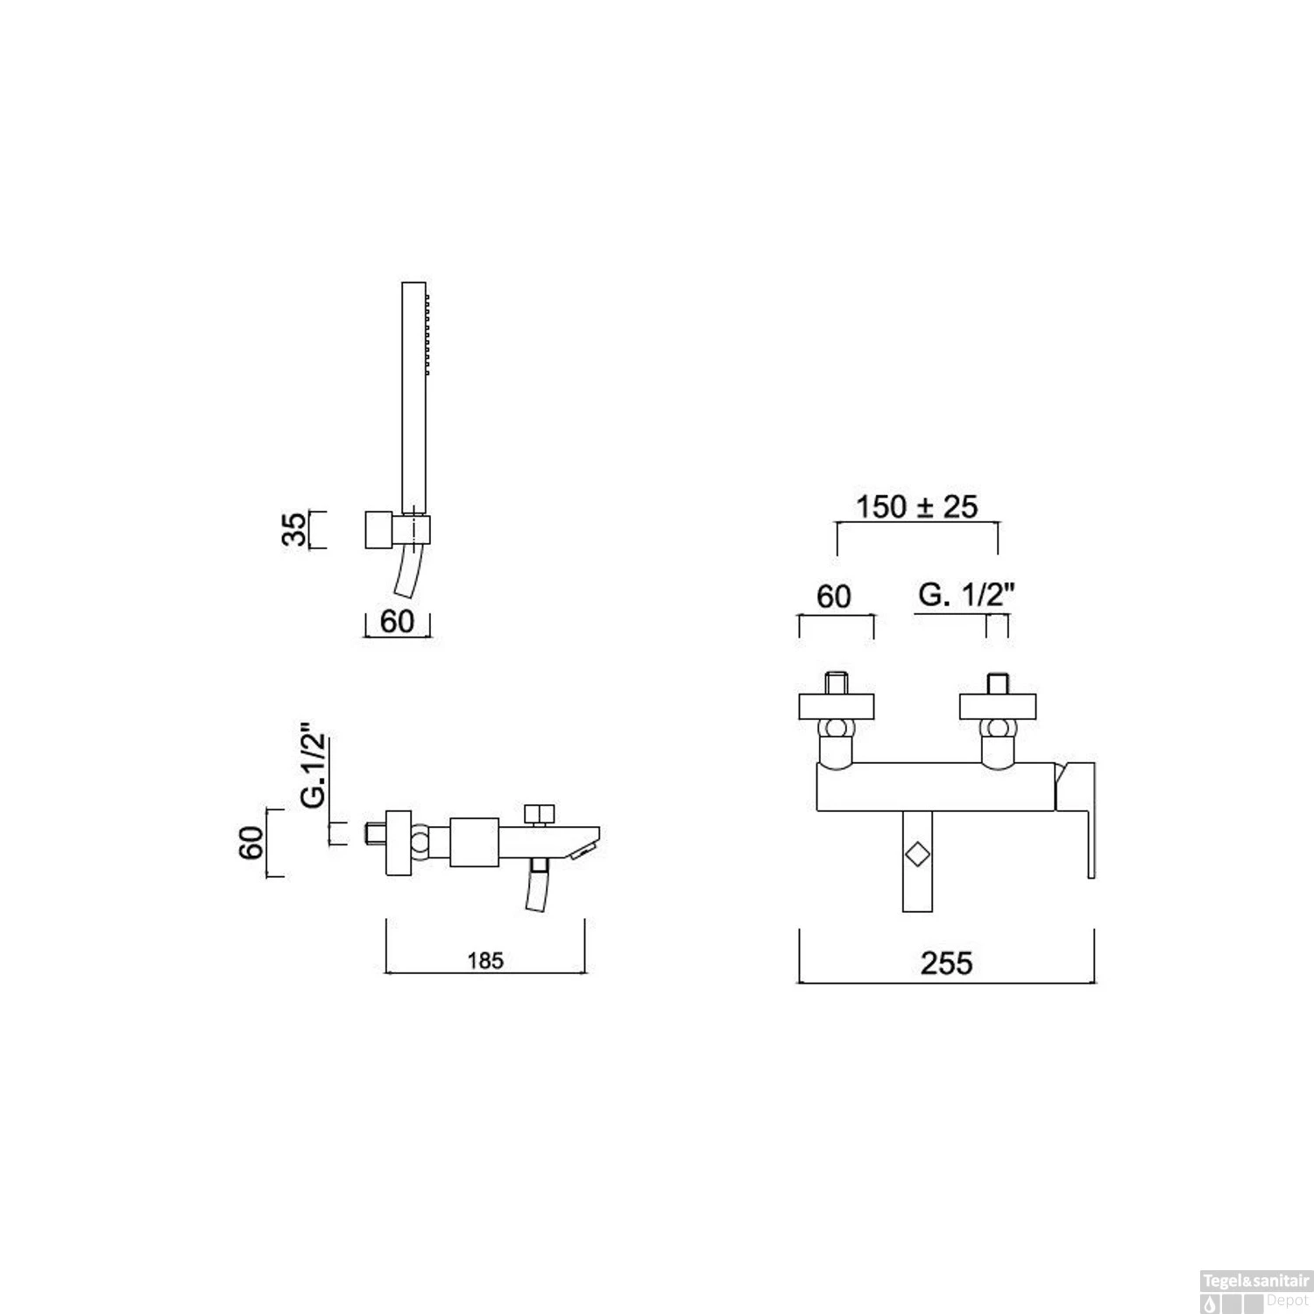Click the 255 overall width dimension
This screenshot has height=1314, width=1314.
[946, 963]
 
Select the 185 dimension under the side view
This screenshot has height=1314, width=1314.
[484, 961]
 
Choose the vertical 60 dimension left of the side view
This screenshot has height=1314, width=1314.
[252, 842]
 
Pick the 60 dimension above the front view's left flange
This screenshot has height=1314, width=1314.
[833, 597]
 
